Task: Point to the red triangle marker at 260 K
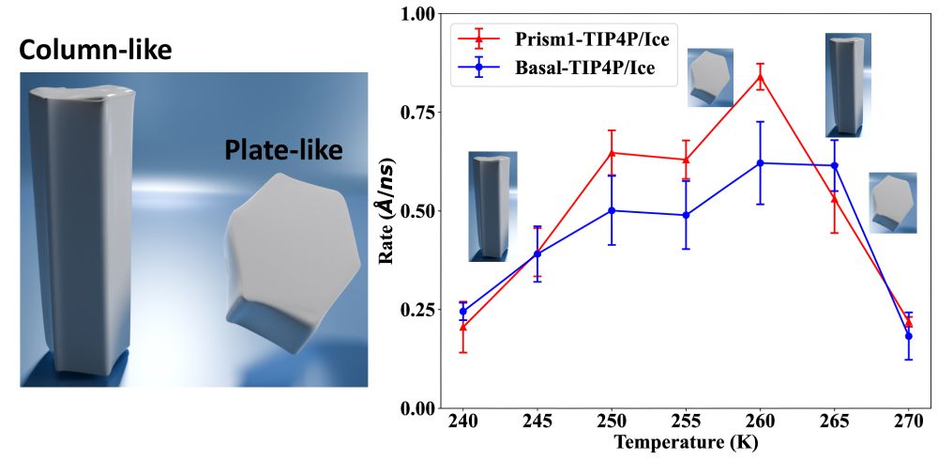click(761, 78)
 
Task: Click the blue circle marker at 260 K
click(761, 163)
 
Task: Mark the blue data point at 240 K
click(462, 311)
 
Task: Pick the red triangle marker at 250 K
click(612, 152)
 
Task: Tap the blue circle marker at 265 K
click(835, 165)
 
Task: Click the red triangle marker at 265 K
click(835, 198)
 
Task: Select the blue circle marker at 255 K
click(686, 215)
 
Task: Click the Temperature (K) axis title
click(685, 441)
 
